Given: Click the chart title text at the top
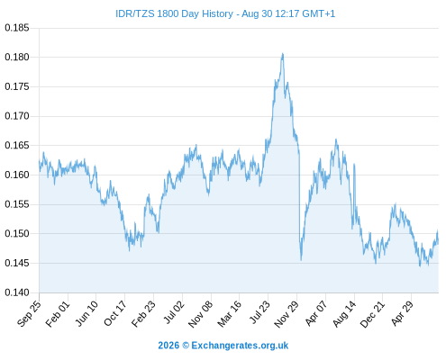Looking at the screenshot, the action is pyautogui.click(x=225, y=14).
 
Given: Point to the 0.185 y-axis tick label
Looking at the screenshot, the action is pyautogui.click(x=17, y=28).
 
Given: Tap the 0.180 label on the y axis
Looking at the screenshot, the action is pyautogui.click(x=17, y=57).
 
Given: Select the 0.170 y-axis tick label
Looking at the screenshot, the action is pyautogui.click(x=17, y=116).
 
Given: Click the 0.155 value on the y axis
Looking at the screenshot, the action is pyautogui.click(x=17, y=204).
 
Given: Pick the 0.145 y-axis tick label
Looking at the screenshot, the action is pyautogui.click(x=17, y=263).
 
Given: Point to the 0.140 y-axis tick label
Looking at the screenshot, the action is pyautogui.click(x=17, y=292).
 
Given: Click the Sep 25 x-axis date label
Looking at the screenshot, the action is pyautogui.click(x=29, y=313).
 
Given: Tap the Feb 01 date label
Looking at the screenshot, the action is pyautogui.click(x=58, y=313).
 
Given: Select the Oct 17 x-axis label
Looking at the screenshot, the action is pyautogui.click(x=115, y=313).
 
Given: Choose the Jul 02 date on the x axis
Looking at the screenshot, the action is pyautogui.click(x=173, y=312).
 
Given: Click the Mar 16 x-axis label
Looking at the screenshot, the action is pyautogui.click(x=229, y=313).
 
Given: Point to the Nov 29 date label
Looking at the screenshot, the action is pyautogui.click(x=287, y=314).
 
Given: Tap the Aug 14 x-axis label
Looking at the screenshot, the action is pyautogui.click(x=344, y=313).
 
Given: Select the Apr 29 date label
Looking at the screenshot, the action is pyautogui.click(x=402, y=313).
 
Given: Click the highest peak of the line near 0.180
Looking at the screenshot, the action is pyautogui.click(x=283, y=54).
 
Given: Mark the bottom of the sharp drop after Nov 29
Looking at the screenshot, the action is pyautogui.click(x=301, y=260).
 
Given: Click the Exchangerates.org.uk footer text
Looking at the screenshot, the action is pyautogui.click(x=240, y=346).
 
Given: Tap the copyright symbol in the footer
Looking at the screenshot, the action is pyautogui.click(x=186, y=346).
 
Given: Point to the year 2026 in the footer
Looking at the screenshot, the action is pyautogui.click(x=168, y=346).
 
